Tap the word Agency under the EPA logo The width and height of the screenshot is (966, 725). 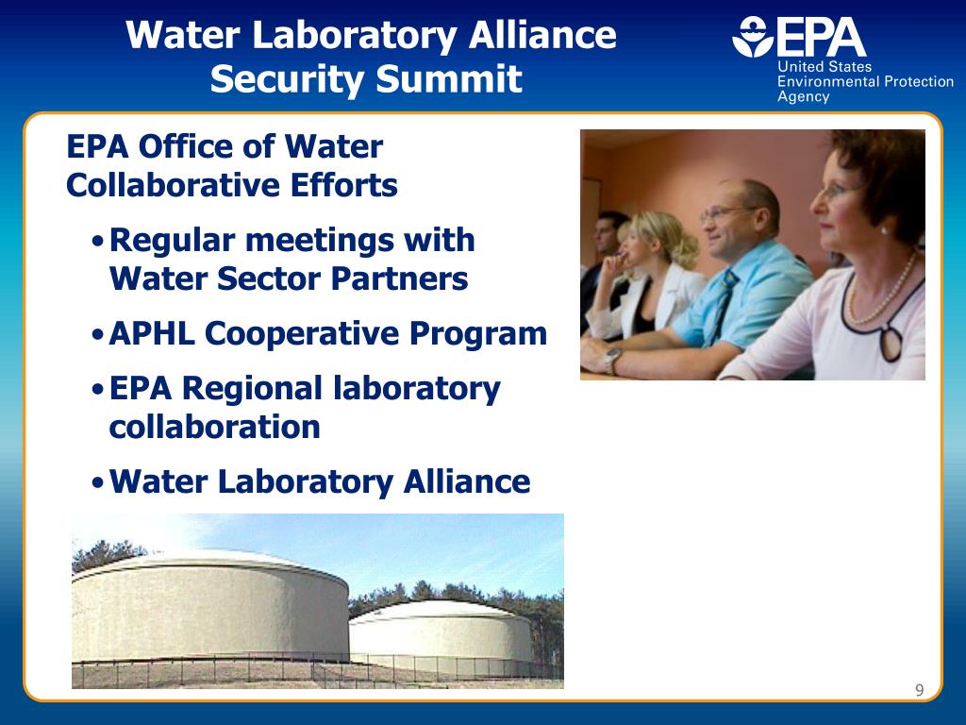[803, 96]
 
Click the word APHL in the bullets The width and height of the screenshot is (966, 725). [154, 333]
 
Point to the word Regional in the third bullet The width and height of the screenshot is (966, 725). [252, 388]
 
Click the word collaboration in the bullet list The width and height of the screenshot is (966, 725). [214, 427]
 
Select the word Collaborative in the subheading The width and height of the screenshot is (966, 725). [170, 185]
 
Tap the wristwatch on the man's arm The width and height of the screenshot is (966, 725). [613, 359]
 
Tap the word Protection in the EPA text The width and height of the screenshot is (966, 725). [917, 82]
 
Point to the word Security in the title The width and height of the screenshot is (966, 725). [287, 78]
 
